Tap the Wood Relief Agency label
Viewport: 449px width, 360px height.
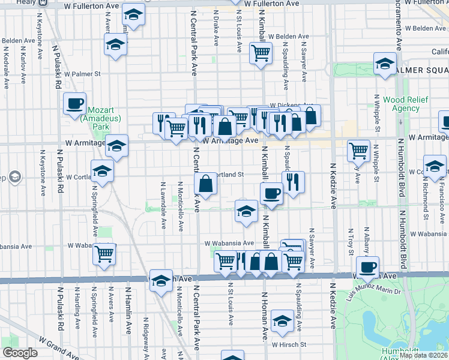[x=401, y=104]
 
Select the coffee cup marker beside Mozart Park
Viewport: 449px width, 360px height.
[x=75, y=104]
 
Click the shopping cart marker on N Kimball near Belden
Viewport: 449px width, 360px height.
[x=261, y=53]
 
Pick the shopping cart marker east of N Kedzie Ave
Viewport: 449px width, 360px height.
[x=358, y=151]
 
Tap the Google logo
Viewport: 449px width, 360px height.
[x=20, y=353]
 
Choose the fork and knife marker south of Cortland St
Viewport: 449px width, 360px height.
[x=293, y=182]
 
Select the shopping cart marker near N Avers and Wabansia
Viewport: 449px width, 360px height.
[x=104, y=254]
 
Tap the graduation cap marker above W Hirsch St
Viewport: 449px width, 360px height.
[x=282, y=321]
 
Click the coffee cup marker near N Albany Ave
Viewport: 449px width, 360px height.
[x=367, y=267]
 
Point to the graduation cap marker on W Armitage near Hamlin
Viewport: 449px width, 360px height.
[x=117, y=145]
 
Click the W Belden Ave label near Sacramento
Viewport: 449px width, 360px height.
[x=426, y=28]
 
